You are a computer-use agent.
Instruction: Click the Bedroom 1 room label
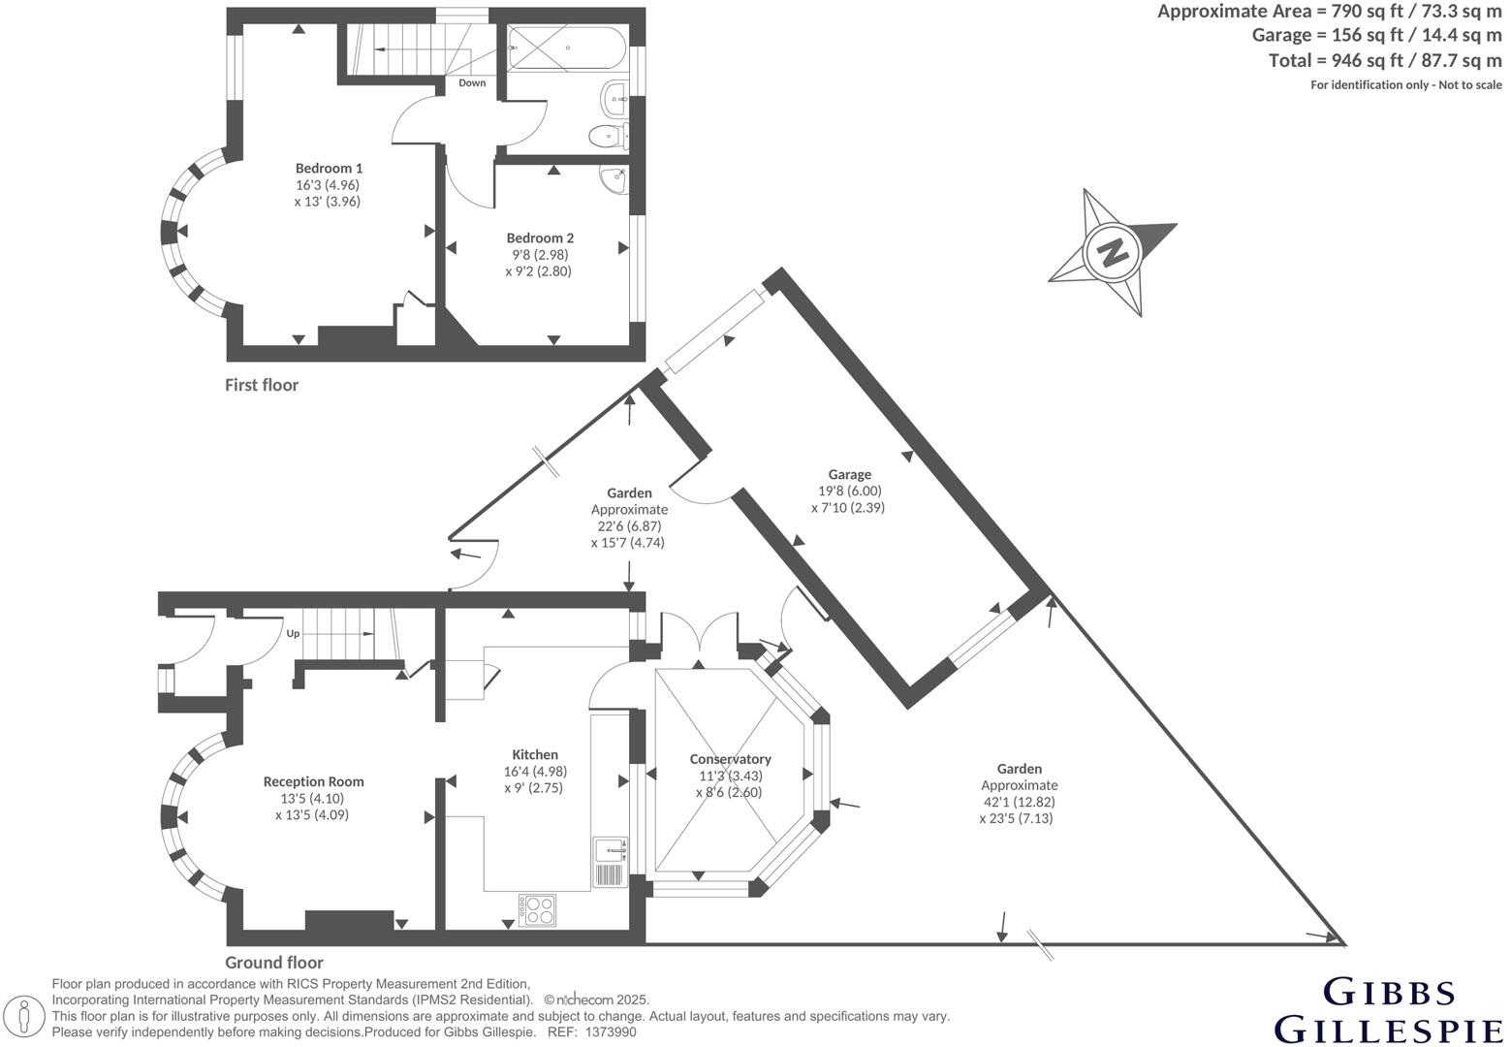point(329,168)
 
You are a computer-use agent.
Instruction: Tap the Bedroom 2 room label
point(540,238)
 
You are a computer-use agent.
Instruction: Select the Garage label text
point(849,474)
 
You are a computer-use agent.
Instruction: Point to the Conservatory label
point(730,759)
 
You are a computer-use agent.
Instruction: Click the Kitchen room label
point(535,754)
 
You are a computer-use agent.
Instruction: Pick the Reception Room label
point(313,781)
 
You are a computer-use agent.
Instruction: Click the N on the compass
point(1115,252)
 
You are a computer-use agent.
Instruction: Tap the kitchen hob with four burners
point(538,909)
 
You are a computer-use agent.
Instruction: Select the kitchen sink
point(610,850)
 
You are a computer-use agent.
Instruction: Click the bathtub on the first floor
point(567,47)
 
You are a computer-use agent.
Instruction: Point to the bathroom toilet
point(607,136)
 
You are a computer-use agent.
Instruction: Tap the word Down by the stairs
point(472,83)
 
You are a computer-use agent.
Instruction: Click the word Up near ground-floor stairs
point(293,634)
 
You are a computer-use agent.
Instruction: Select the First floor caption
point(262,385)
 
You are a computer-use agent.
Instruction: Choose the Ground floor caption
point(274,963)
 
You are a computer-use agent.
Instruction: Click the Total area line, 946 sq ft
point(1385,60)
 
